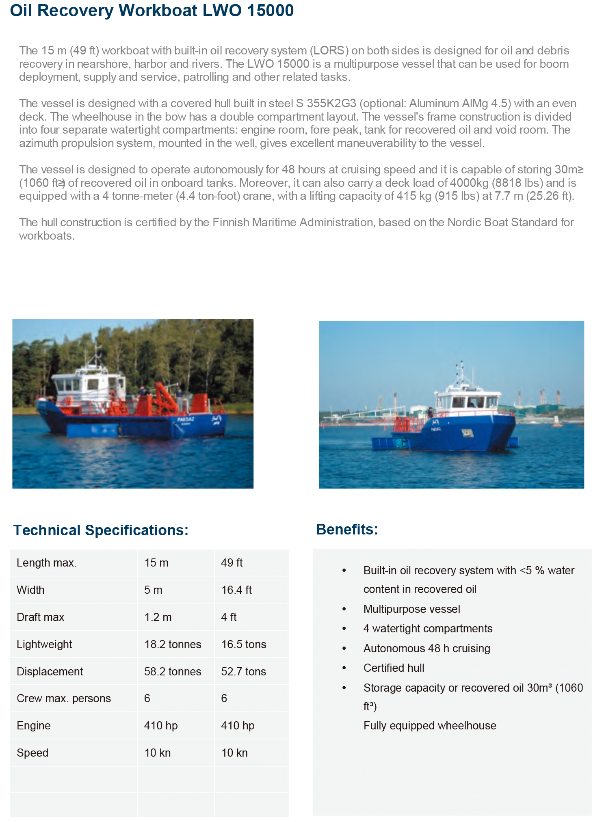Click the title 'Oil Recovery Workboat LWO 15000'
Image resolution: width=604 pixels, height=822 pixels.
(x=152, y=11)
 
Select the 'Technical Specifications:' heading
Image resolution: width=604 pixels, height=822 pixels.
(x=101, y=530)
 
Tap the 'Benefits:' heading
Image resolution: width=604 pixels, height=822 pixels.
(x=347, y=530)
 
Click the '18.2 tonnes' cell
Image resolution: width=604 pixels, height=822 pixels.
(x=173, y=645)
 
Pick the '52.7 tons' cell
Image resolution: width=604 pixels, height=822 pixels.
(x=243, y=672)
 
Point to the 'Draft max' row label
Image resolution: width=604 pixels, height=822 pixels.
(x=40, y=617)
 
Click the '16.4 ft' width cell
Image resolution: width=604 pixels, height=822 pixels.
(x=236, y=590)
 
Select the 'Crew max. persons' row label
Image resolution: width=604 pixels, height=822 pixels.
(x=64, y=699)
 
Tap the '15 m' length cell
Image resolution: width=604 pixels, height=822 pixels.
(x=156, y=563)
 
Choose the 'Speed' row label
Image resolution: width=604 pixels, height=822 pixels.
(x=32, y=753)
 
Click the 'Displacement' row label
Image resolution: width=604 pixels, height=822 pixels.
(x=50, y=672)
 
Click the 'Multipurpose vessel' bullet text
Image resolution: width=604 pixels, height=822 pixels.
(x=411, y=609)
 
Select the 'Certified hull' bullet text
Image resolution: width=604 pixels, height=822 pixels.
(x=394, y=668)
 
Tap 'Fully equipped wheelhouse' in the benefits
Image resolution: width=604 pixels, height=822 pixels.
(x=430, y=726)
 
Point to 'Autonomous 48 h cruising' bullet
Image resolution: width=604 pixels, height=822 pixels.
(x=426, y=649)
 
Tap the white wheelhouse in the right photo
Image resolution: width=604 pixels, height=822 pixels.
(x=467, y=400)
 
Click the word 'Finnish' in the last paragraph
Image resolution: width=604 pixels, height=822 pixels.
(x=231, y=223)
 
